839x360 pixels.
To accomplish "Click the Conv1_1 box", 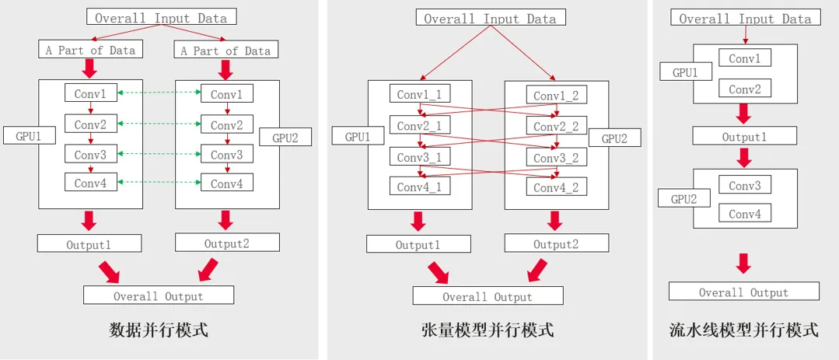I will [419, 95].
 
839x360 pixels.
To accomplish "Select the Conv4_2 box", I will [556, 187].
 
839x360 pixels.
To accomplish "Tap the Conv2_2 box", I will [556, 126].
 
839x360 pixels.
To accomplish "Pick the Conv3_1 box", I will [419, 156].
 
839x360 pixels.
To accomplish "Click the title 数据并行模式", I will [159, 330].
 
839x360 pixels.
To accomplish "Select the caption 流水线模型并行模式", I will [744, 330].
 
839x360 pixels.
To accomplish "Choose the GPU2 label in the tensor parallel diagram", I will [614, 138].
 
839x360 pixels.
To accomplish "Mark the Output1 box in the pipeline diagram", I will [744, 136].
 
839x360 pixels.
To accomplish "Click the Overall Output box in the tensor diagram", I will [488, 296].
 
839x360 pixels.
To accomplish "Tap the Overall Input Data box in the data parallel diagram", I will [161, 17].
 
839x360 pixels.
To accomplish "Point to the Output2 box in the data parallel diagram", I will [227, 243].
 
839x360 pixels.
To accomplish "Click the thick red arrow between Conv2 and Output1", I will [744, 114].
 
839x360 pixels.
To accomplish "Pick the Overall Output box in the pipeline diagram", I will [744, 292].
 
